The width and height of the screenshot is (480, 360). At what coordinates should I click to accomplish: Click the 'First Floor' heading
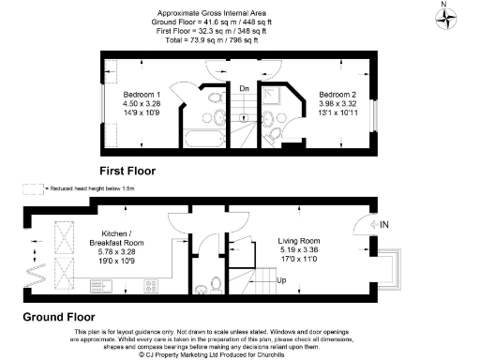(x=127, y=172)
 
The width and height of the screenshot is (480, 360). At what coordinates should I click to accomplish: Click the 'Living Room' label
(x=300, y=241)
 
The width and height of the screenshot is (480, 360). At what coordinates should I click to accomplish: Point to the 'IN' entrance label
(x=382, y=225)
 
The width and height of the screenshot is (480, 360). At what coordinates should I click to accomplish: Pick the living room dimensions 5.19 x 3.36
(x=300, y=250)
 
